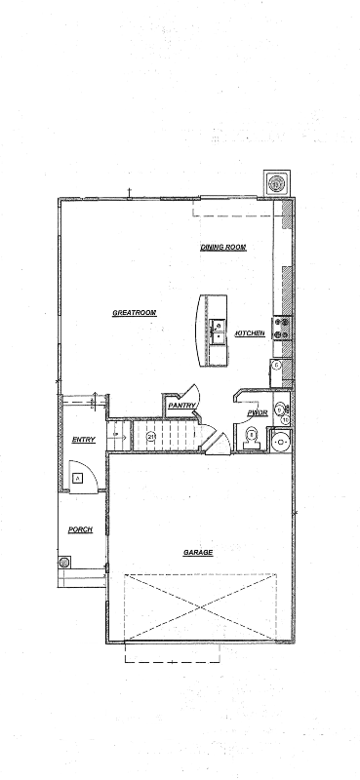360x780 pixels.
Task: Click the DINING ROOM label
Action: coord(222,248)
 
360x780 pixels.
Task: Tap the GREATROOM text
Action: coord(135,313)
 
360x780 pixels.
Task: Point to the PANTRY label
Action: coord(182,406)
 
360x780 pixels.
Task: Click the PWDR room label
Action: coord(258,413)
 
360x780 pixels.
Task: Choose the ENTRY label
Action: coord(84,441)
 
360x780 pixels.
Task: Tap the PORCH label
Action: coord(80,529)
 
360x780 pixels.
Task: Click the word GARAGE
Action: coord(198,552)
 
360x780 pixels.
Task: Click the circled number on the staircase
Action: coord(151,436)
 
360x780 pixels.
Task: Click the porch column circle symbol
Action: coord(65,563)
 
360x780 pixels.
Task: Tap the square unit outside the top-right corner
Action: coord(277,183)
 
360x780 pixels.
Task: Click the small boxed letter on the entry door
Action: coord(77,478)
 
